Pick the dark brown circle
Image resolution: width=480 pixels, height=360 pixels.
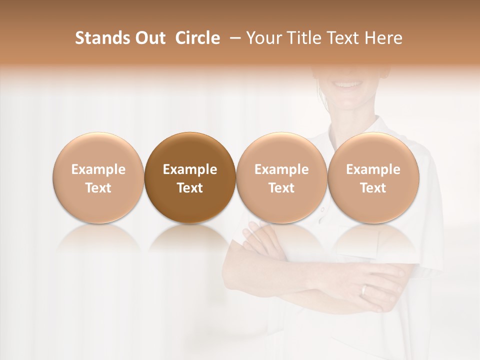(x=190, y=178)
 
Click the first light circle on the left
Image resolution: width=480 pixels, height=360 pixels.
(x=98, y=178)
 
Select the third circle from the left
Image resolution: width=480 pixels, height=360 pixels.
(x=281, y=178)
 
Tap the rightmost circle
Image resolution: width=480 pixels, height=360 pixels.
(x=373, y=178)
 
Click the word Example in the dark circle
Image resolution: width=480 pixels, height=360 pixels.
(x=190, y=169)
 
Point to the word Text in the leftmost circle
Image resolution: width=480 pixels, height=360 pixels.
(x=98, y=188)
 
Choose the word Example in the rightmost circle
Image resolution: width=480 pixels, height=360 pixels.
(x=373, y=169)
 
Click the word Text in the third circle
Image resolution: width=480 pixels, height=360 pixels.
(x=281, y=188)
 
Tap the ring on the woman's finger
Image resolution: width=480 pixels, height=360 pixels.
(x=364, y=290)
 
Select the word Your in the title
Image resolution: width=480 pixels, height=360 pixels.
(x=262, y=38)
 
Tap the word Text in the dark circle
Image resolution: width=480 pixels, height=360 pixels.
(x=190, y=188)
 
